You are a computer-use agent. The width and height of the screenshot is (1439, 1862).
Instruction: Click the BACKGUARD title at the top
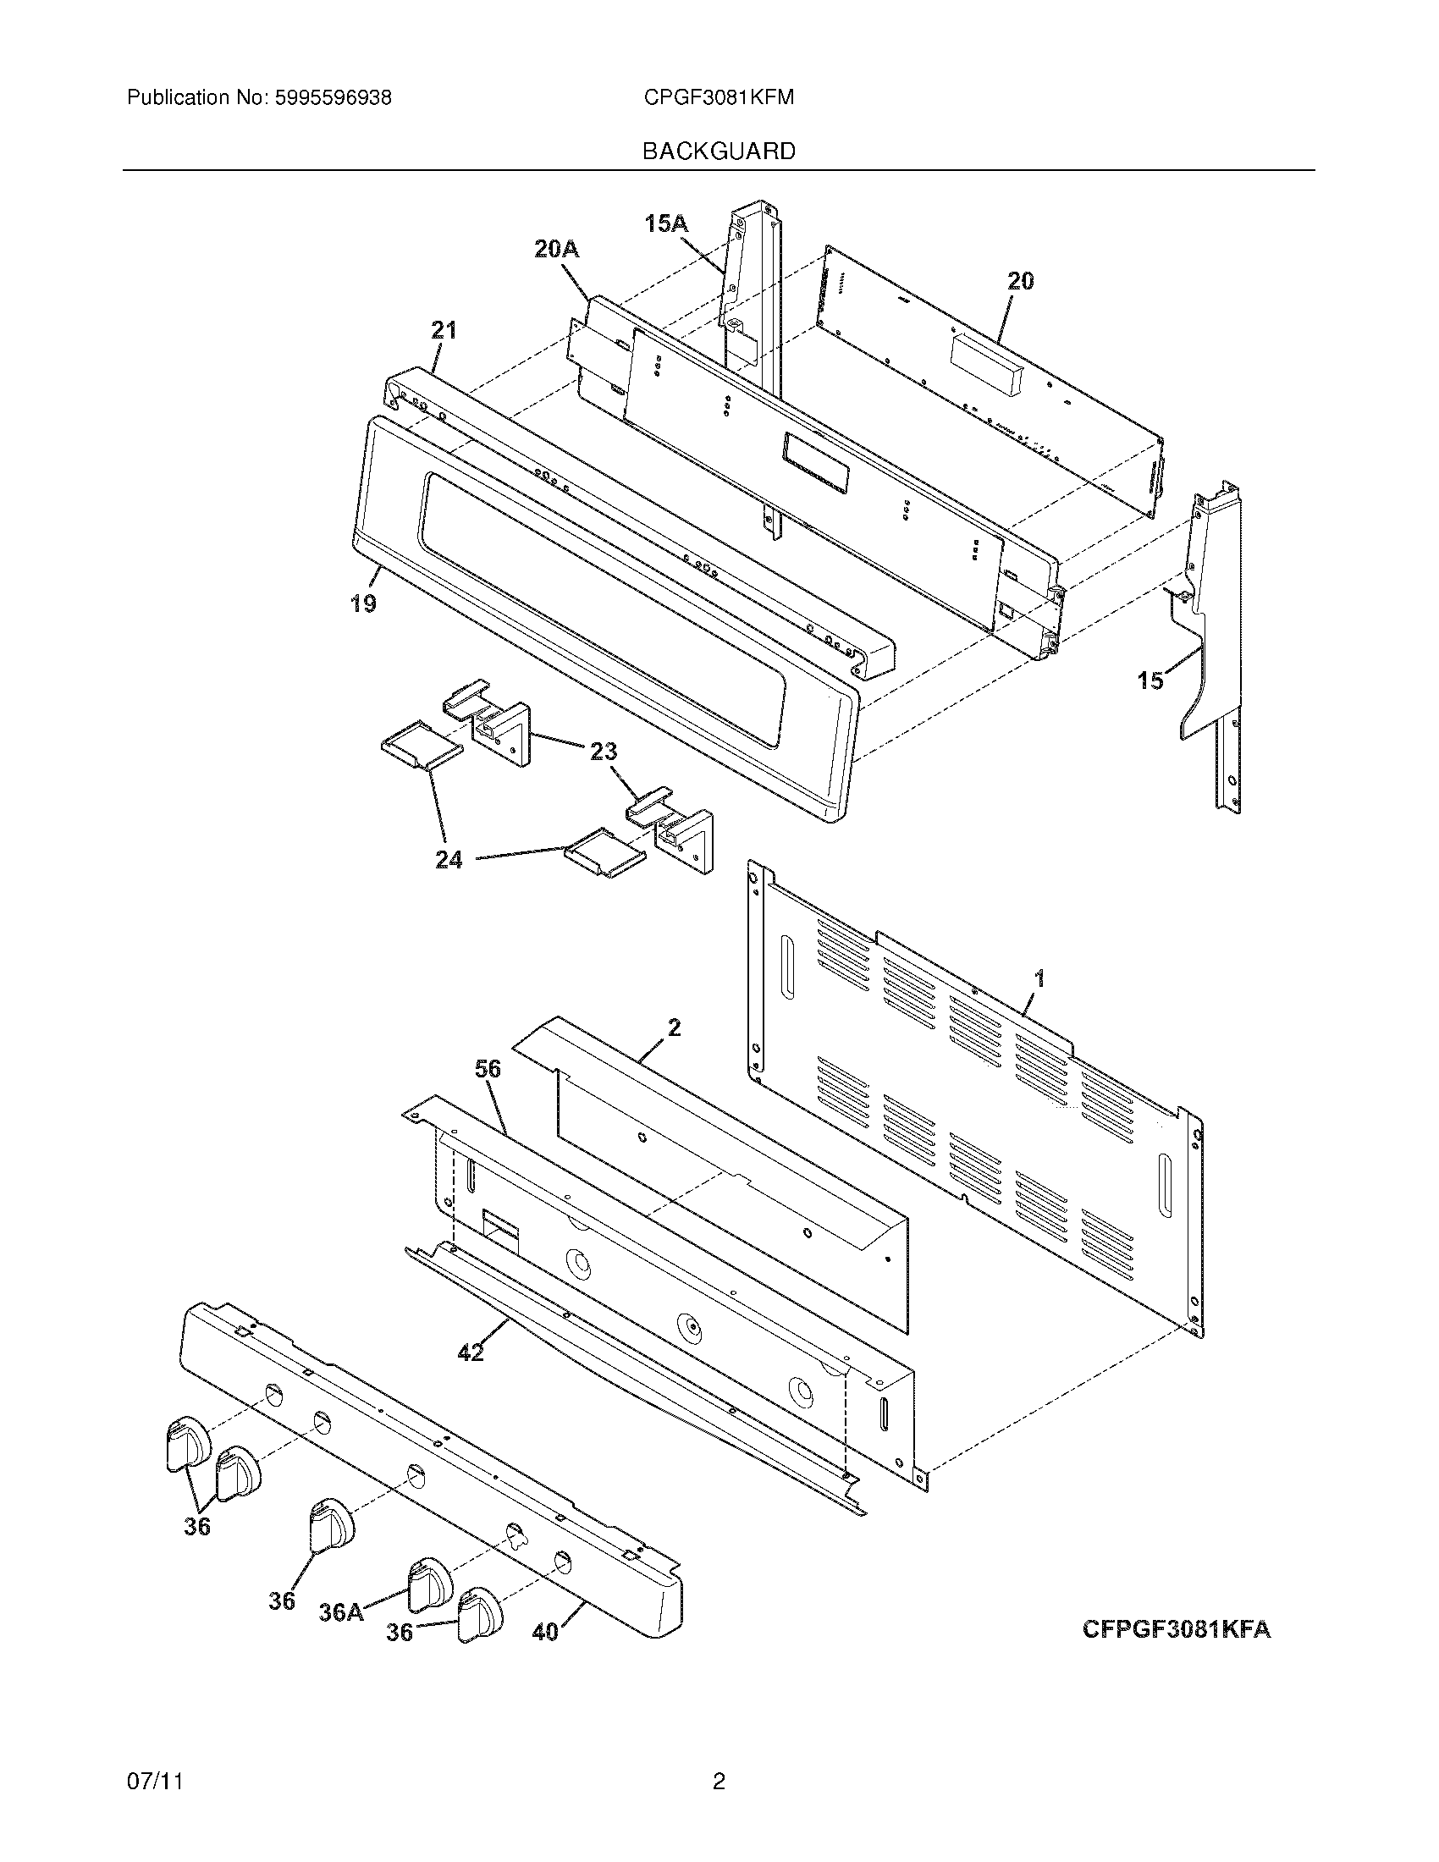[718, 151]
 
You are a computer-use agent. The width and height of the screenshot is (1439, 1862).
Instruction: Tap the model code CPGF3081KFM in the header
[719, 98]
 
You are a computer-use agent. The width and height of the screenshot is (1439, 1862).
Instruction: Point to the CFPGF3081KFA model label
[1176, 1629]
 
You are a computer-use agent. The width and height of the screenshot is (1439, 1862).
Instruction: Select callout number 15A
[666, 223]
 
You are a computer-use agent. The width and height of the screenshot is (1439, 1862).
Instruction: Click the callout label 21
[444, 330]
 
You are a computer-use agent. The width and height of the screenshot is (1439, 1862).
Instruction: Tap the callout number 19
[363, 603]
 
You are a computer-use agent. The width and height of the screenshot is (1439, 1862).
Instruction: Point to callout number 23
[604, 751]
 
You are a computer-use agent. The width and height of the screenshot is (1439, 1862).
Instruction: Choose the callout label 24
[449, 859]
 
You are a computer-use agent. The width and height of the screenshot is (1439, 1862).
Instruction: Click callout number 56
[488, 1069]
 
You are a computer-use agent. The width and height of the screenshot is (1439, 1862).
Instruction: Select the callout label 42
[471, 1352]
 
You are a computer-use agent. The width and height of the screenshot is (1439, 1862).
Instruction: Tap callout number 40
[545, 1632]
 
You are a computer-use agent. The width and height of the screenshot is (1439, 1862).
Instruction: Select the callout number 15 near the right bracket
[1151, 680]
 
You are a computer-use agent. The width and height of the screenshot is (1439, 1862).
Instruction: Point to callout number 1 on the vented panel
[1039, 979]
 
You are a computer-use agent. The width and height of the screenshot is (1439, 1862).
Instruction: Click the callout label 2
[674, 1027]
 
